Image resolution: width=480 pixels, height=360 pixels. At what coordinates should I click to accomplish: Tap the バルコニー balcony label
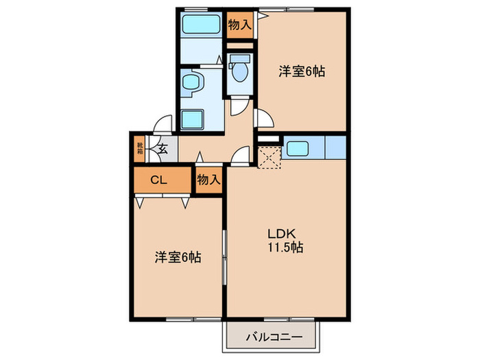[273, 337]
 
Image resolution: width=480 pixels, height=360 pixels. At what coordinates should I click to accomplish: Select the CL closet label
[158, 180]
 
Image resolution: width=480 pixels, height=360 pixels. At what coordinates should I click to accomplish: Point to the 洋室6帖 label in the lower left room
[177, 258]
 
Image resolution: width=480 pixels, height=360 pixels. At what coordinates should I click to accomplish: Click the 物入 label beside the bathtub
[239, 26]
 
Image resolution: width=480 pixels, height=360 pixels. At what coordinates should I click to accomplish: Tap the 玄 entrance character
[163, 147]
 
